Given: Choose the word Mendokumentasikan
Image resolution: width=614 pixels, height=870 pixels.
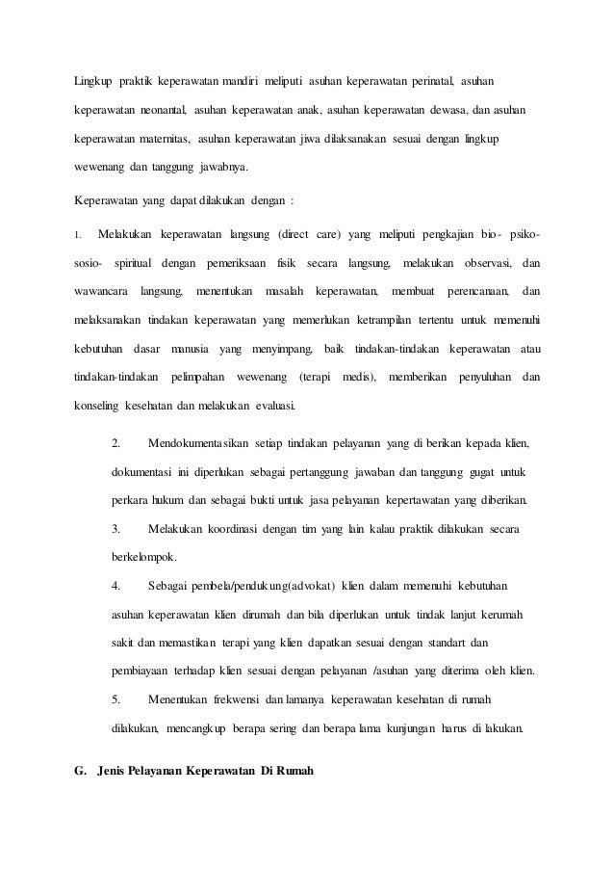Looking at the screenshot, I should tap(197, 444).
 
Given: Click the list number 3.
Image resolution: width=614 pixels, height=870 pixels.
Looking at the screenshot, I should tap(115, 529).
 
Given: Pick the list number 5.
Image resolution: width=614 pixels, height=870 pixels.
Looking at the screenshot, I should tap(115, 699).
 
